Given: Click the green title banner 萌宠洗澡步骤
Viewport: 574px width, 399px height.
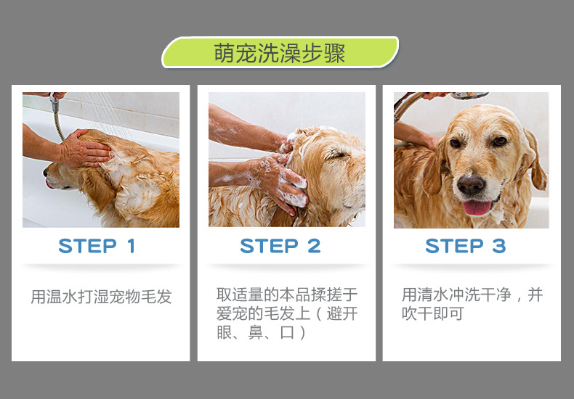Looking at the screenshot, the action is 280,52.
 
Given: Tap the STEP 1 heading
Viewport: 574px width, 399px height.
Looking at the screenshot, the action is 97,246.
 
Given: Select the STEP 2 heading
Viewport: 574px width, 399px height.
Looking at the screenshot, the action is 280,246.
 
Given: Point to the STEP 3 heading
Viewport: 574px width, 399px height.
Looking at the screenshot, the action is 466,246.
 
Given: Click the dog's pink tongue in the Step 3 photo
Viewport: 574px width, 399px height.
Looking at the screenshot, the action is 477,207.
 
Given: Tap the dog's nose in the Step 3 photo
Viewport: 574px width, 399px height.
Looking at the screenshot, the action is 471,184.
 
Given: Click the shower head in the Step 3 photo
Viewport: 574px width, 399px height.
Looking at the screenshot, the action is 470,95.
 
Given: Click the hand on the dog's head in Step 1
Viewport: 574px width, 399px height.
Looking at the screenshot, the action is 85,148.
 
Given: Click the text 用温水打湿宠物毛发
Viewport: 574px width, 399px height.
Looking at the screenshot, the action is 102,296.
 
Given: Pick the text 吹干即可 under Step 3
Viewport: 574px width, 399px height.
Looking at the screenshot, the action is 433,313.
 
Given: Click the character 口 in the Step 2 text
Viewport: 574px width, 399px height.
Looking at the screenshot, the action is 287,332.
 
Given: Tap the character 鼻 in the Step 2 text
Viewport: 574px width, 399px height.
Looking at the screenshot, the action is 255,332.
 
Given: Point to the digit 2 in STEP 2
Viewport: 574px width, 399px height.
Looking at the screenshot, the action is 314,246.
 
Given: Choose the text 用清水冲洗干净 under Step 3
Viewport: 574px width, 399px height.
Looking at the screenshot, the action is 456,295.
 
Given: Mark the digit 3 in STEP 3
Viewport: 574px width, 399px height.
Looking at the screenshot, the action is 499,246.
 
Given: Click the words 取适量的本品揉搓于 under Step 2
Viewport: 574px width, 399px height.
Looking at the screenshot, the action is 287,295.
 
